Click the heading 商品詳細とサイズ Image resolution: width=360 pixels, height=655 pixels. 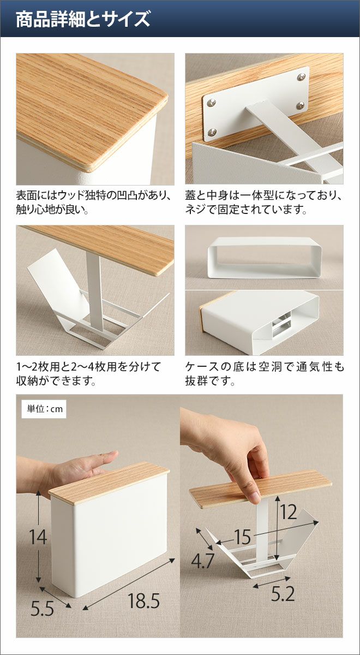(x=83, y=19)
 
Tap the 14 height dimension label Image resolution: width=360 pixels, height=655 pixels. (x=38, y=537)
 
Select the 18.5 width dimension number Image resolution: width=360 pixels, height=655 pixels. (x=144, y=592)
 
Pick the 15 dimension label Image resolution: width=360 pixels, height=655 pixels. (x=242, y=537)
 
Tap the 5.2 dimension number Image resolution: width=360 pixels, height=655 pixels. (x=283, y=593)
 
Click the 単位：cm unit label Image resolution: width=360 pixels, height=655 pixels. (x=45, y=409)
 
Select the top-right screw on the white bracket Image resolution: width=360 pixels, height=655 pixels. (x=301, y=77)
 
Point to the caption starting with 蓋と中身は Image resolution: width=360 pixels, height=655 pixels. (x=264, y=203)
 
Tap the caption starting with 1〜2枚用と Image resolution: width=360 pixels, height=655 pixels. (x=88, y=374)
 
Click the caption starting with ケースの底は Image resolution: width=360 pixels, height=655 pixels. (x=265, y=374)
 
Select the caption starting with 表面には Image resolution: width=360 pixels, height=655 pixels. (x=93, y=203)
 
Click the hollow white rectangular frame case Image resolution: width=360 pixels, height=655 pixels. (x=265, y=257)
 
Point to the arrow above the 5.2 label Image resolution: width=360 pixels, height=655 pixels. (x=272, y=582)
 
